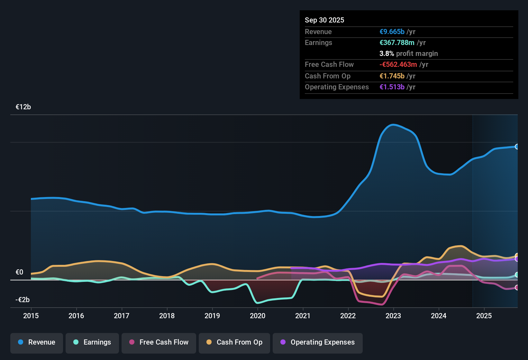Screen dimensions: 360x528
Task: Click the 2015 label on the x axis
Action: click(x=31, y=316)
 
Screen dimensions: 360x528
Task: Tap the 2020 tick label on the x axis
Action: click(x=258, y=316)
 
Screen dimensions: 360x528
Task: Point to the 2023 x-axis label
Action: click(x=393, y=316)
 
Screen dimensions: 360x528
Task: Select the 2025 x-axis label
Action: click(x=484, y=316)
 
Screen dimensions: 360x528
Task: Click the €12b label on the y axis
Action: click(x=23, y=107)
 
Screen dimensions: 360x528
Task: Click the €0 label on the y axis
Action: click(x=19, y=272)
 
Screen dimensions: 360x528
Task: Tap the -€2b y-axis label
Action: click(x=23, y=300)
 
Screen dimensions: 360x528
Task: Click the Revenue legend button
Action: click(x=37, y=342)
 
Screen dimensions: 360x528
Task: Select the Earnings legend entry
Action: click(x=92, y=342)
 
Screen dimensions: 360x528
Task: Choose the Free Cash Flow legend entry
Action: click(x=159, y=342)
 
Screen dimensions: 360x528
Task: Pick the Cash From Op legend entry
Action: click(x=234, y=342)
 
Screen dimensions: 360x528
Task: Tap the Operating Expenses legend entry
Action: click(x=318, y=342)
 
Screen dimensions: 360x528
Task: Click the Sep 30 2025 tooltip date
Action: click(x=324, y=20)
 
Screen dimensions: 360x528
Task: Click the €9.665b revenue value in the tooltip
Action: click(x=392, y=32)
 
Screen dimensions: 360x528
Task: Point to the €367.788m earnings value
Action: click(x=397, y=43)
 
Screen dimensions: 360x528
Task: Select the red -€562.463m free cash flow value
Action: click(x=398, y=65)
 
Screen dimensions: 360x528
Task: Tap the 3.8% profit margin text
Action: click(x=408, y=54)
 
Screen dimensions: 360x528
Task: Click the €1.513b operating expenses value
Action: click(x=392, y=87)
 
